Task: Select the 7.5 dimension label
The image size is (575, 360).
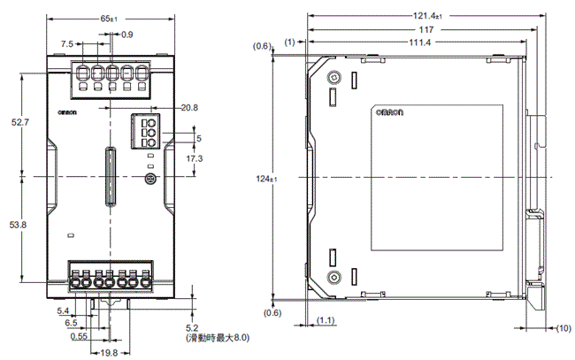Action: [67, 43]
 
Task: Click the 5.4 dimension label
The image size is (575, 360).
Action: [63, 311]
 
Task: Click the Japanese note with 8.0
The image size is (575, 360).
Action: [218, 337]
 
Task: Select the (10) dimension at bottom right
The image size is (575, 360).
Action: [563, 328]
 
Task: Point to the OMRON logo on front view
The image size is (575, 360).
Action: [69, 111]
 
